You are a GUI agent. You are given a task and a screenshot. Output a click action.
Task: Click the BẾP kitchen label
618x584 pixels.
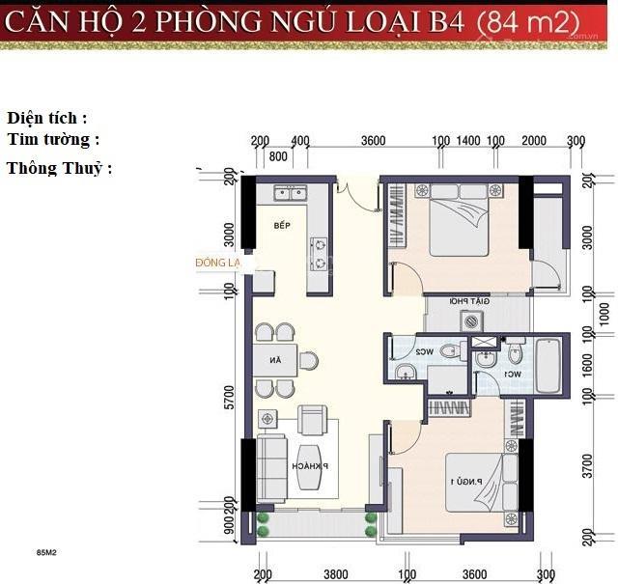point(281,226)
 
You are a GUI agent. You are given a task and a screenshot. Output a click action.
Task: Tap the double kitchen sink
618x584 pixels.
point(289,193)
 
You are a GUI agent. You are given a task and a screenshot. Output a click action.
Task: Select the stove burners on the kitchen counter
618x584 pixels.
point(317,253)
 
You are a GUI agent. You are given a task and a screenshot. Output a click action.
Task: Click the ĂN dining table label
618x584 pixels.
point(276,361)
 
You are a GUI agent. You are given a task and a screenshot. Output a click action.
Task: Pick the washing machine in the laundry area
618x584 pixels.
point(470,321)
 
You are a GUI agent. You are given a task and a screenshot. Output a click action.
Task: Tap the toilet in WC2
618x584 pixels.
point(450,353)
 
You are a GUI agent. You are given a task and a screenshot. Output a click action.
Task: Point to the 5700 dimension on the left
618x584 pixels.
point(229,398)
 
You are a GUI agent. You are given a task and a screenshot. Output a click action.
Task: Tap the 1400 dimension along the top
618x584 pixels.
point(468,141)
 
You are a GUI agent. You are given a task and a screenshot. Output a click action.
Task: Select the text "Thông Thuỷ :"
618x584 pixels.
point(60,168)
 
